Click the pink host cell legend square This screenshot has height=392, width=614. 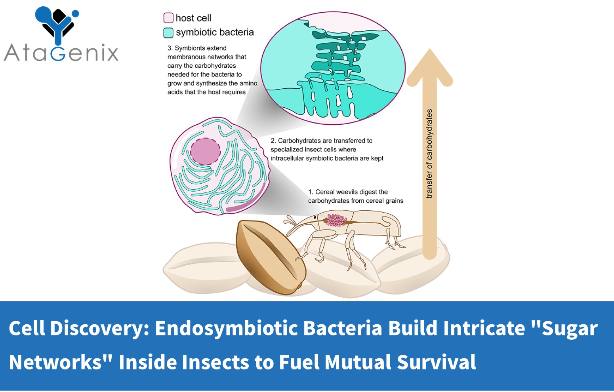coord(168,18)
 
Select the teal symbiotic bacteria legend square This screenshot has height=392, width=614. coord(168,32)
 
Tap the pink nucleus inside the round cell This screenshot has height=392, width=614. coord(205,152)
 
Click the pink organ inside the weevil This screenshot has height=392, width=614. coord(336,220)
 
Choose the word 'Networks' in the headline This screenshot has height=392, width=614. coord(55,362)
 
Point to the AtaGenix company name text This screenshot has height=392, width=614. coord(61,53)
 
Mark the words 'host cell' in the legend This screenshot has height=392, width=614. coord(193,18)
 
